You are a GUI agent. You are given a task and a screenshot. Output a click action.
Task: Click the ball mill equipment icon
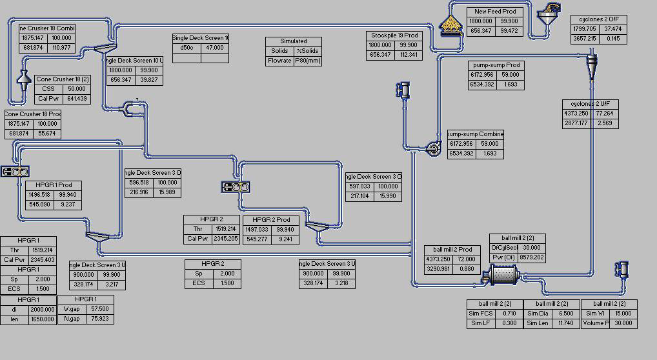(503, 275)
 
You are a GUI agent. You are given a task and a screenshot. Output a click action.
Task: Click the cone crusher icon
(24, 81)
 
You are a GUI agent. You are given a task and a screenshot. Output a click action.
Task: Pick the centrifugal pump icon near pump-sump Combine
(434, 149)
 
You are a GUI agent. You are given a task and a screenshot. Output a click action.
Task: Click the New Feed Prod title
(495, 12)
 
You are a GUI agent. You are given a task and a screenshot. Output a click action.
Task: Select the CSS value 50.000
(76, 89)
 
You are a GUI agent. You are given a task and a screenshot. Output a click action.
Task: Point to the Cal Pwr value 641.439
(76, 99)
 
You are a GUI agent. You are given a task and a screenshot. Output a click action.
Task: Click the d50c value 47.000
(214, 48)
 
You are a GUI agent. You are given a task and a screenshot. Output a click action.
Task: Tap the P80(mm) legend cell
(307, 61)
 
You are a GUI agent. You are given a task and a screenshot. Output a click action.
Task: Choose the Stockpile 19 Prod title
(394, 35)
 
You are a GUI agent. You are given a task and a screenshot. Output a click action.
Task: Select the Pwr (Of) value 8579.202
(532, 257)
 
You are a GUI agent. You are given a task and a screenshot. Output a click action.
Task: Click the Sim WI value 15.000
(623, 314)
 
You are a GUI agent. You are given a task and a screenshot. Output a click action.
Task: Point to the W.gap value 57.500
(99, 309)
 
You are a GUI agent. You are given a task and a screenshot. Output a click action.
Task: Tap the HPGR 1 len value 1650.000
(42, 319)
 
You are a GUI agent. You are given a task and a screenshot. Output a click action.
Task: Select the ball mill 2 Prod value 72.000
(465, 259)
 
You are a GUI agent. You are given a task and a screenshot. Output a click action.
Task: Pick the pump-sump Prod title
(495, 65)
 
